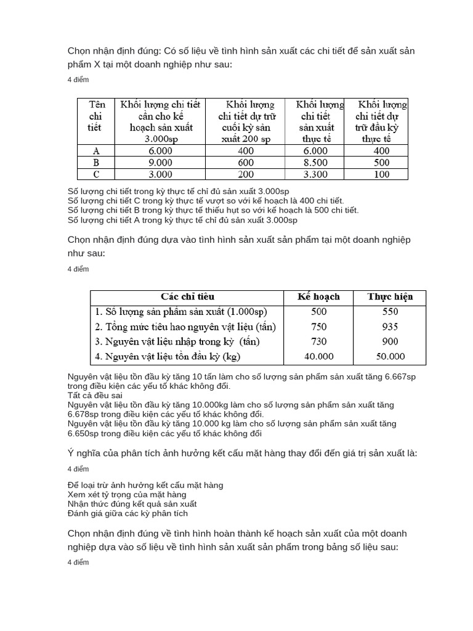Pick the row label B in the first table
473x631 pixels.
click(x=95, y=163)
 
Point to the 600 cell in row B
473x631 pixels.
click(x=246, y=163)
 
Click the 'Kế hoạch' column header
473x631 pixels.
click(x=318, y=296)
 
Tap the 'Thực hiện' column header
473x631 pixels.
click(x=389, y=296)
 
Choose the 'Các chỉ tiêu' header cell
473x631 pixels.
click(x=187, y=296)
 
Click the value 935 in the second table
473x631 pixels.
click(x=389, y=327)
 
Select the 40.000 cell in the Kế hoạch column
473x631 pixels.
click(x=318, y=356)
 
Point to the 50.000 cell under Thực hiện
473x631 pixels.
click(x=389, y=356)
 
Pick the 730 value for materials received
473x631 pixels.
click(x=318, y=341)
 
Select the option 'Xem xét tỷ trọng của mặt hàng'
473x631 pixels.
click(x=126, y=494)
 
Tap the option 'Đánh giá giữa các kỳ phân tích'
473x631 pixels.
click(x=127, y=513)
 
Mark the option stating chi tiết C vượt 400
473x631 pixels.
click(x=205, y=201)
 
